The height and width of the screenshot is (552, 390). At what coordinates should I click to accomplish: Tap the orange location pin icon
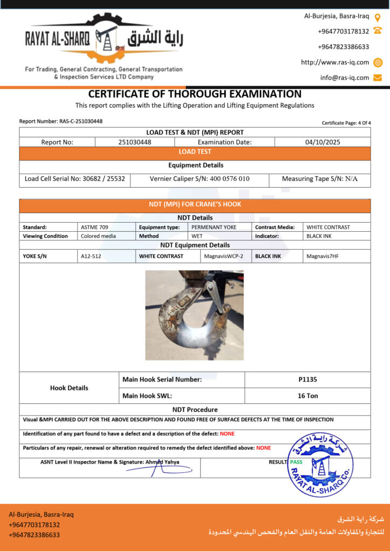(x=378, y=17)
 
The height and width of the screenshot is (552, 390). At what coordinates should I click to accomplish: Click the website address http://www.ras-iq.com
(x=335, y=62)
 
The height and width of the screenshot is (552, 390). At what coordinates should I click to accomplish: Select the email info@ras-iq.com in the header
(x=345, y=78)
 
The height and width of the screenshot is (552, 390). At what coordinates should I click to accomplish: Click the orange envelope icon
(x=378, y=78)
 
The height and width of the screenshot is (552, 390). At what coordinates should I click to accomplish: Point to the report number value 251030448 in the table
(x=135, y=142)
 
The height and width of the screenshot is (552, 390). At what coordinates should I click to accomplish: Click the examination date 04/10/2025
(x=322, y=142)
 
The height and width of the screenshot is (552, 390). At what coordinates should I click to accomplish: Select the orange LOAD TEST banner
(x=194, y=152)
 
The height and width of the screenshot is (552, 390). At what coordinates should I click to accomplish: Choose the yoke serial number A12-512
(x=90, y=256)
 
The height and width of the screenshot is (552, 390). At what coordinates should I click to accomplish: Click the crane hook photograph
(x=194, y=315)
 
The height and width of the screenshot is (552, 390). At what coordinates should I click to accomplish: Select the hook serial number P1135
(x=308, y=379)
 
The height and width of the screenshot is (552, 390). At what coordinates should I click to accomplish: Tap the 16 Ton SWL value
(x=308, y=396)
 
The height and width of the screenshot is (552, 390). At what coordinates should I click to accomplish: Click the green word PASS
(x=296, y=462)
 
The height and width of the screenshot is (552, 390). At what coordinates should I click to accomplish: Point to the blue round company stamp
(x=320, y=464)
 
